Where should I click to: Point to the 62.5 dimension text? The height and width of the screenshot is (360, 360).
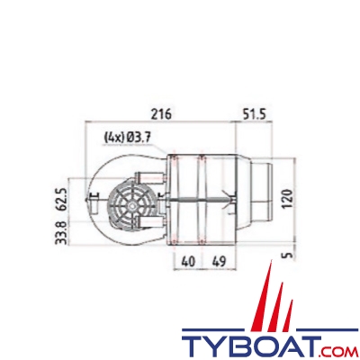[62, 199]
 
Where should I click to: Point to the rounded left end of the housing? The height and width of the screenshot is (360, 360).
[93, 200]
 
